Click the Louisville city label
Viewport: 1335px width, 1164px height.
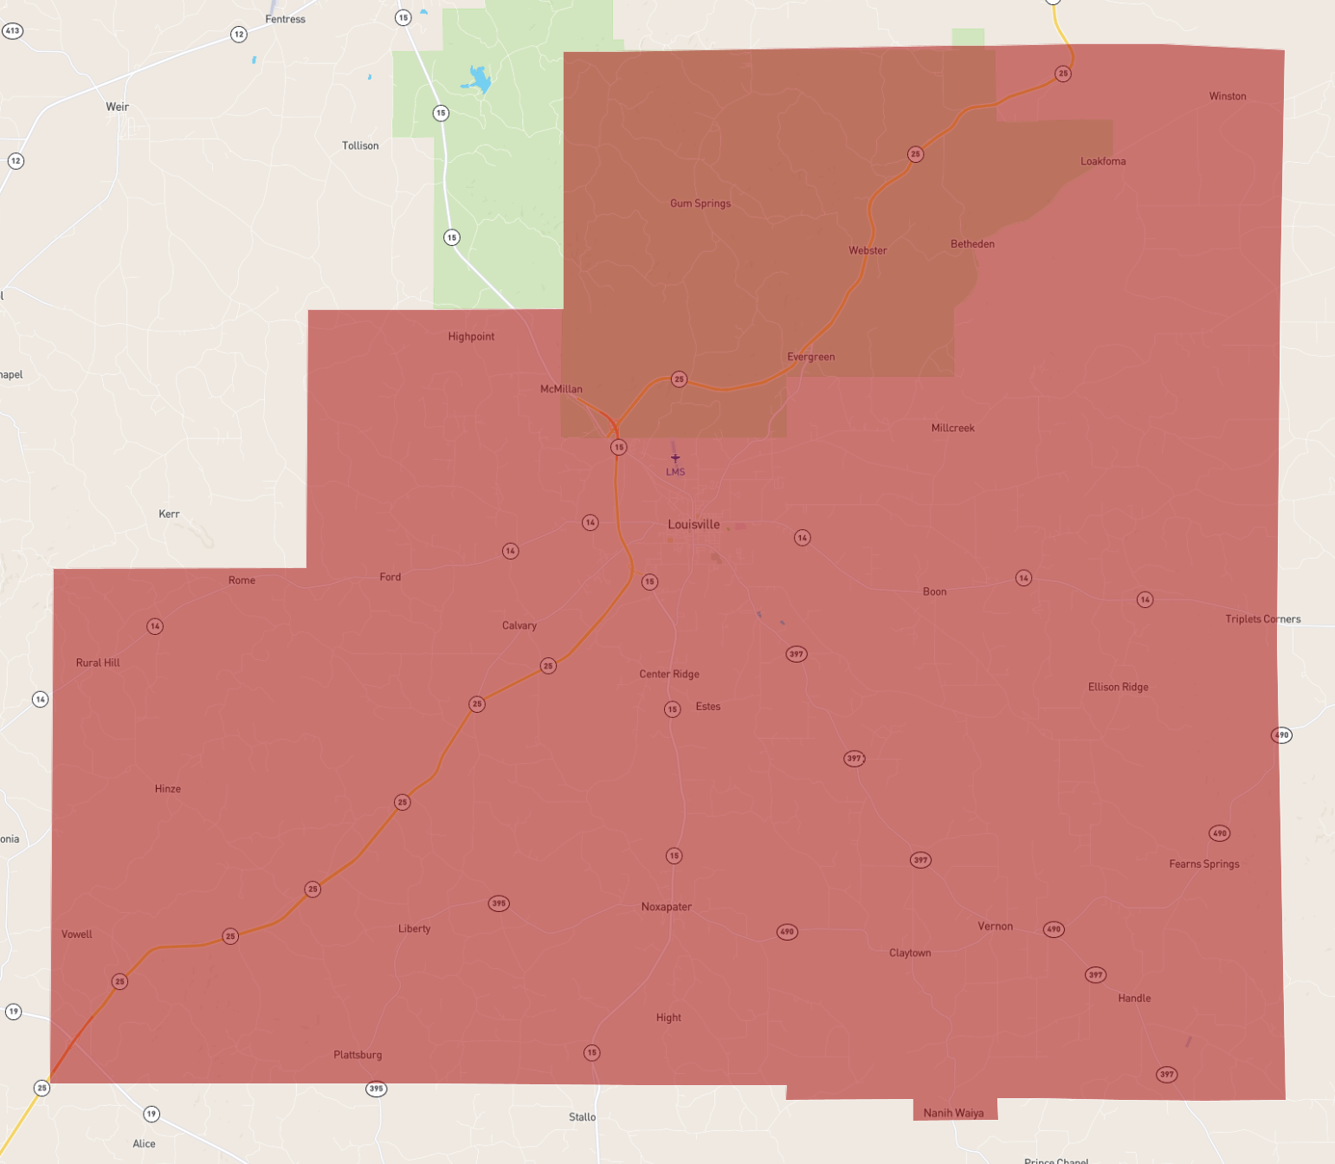pos(693,525)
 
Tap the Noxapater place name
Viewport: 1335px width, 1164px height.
pos(666,907)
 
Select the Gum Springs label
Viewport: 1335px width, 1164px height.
pos(700,204)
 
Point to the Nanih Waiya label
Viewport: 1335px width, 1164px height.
pos(953,1113)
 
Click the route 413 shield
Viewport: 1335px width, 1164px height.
pos(12,31)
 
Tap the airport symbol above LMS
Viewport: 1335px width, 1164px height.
pos(675,458)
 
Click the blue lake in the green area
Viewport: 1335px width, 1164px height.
pos(478,80)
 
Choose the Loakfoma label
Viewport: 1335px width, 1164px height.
pos(1103,162)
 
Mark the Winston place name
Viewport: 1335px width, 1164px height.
pos(1228,96)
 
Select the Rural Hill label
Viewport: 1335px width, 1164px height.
pos(98,663)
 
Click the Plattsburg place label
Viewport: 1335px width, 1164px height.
pos(358,1055)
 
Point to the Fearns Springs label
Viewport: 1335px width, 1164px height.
pos(1203,864)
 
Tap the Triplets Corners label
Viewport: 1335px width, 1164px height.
pos(1262,619)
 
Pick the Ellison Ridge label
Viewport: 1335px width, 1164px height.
pos(1118,687)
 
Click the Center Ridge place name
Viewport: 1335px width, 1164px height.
pos(669,674)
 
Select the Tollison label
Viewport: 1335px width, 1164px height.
pos(360,145)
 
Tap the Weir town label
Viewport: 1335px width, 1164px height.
pos(117,107)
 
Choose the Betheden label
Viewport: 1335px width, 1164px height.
pos(972,244)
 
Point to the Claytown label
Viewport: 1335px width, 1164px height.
pos(910,953)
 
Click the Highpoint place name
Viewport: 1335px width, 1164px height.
pos(471,337)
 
